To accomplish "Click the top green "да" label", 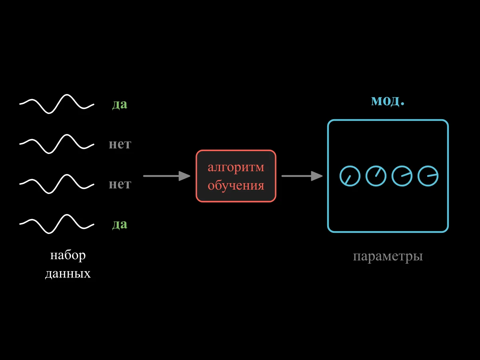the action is (x=120, y=104).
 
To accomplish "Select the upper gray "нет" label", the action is (x=120, y=144).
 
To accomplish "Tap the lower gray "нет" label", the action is (x=120, y=184).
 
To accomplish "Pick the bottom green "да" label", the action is (x=120, y=224).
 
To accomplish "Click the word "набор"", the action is (x=68, y=255).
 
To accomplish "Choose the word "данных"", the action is (x=68, y=274).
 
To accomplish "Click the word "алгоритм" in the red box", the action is (x=236, y=168).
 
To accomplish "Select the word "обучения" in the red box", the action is (x=236, y=185).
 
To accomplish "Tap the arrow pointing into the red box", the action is (x=167, y=176).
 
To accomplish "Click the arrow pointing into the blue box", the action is (x=302, y=176).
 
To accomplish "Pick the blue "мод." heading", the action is (x=388, y=101).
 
